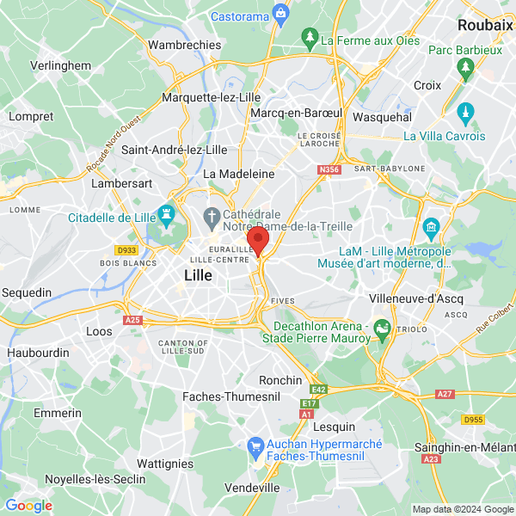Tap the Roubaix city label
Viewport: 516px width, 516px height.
485,26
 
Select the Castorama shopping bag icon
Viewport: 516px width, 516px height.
280,14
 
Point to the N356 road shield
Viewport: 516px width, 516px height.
329,171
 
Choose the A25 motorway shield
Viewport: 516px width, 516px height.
132,320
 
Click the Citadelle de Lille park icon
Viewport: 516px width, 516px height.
165,212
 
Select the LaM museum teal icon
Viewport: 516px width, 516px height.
431,229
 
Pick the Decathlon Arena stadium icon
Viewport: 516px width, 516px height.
383,329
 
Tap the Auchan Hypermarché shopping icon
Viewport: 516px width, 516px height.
255,445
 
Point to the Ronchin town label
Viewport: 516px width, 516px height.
281,380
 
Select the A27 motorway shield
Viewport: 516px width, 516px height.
444,394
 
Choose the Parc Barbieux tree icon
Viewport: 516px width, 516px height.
465,68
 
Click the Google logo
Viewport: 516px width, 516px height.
28,506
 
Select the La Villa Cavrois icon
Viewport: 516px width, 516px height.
465,112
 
